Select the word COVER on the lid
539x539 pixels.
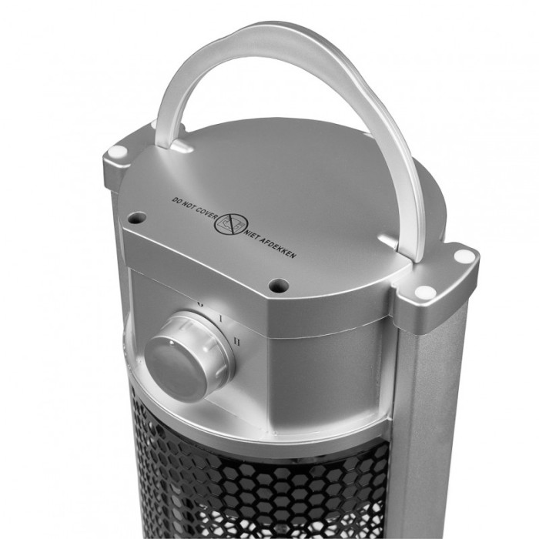(x=206, y=213)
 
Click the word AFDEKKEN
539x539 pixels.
(x=278, y=248)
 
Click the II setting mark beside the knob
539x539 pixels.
(x=236, y=341)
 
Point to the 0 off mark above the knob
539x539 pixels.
(x=201, y=303)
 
